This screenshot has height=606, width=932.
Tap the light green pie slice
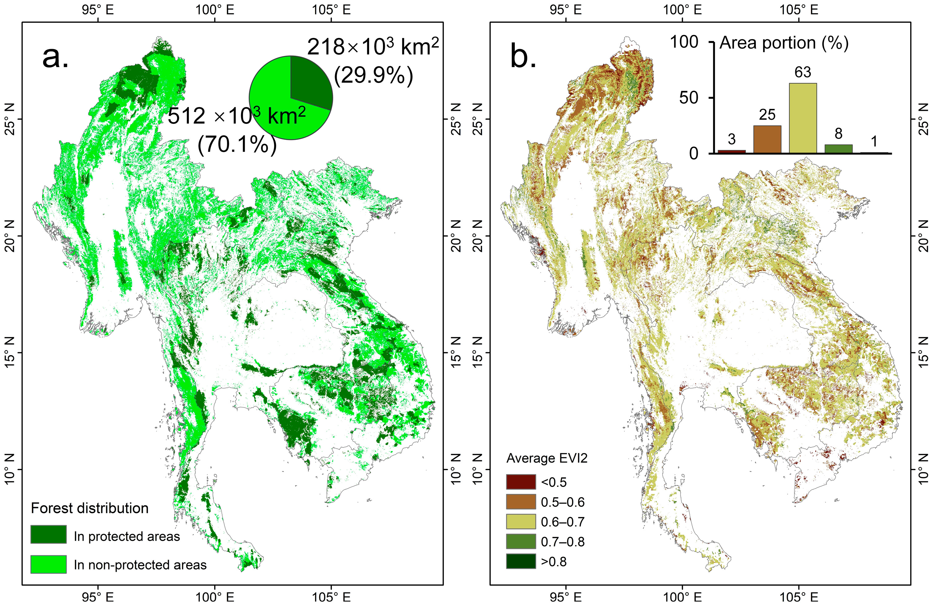click(x=274, y=106)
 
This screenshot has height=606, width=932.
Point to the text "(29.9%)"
click(x=373, y=75)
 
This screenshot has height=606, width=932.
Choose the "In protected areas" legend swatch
click(x=48, y=534)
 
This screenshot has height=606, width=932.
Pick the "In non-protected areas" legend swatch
click(x=48, y=564)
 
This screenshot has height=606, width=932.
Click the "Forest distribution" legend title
click(x=90, y=508)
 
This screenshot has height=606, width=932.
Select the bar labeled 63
click(x=803, y=118)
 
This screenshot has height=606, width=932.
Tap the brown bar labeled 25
click(x=767, y=139)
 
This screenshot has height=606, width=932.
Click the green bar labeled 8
click(x=838, y=148)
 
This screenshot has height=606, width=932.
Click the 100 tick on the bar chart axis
click(x=684, y=42)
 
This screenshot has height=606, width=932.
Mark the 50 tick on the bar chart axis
click(x=689, y=98)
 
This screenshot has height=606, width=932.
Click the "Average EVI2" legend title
click(x=547, y=458)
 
